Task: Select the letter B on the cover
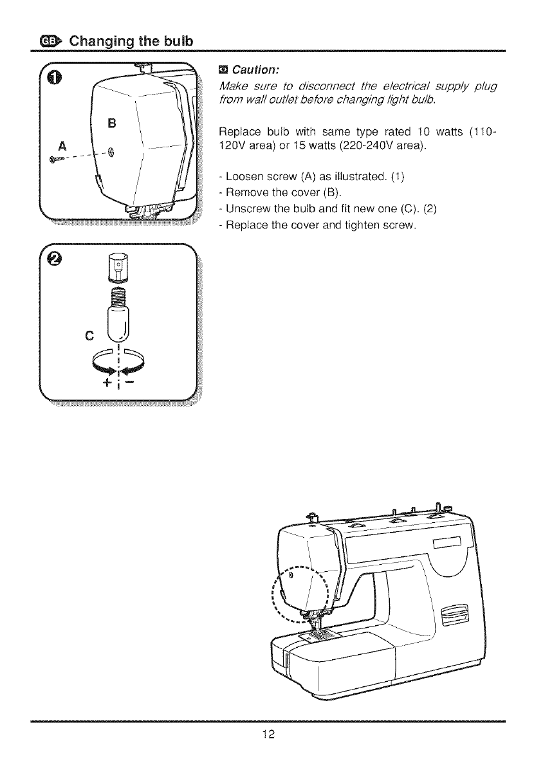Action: coord(111,123)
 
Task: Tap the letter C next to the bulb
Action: coord(89,334)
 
